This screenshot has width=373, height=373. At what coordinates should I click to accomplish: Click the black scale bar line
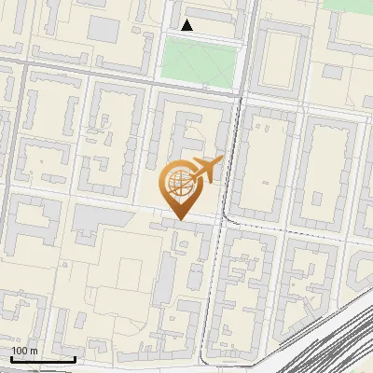43,359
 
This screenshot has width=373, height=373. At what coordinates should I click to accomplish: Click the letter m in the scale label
34,351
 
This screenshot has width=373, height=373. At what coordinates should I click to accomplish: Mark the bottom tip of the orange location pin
178,220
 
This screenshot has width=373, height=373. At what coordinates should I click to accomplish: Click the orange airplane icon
206,171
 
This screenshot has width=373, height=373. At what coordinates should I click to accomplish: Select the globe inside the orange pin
178,184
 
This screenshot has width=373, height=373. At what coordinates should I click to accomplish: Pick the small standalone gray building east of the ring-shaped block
333,70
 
